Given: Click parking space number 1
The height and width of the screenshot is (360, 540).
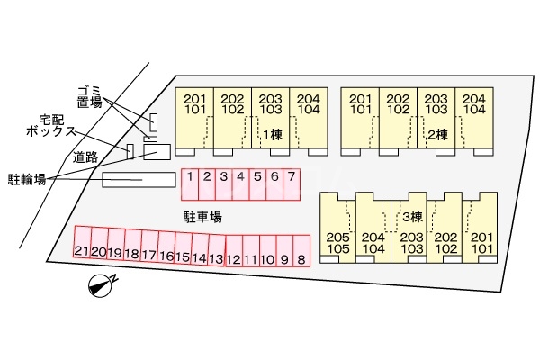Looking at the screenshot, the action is (x=190, y=184).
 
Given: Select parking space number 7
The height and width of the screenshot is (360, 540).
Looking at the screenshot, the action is (x=292, y=184).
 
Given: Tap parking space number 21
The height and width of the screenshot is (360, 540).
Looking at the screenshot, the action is (x=82, y=242).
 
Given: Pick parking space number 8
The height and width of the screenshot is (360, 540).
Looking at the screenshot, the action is (x=301, y=251).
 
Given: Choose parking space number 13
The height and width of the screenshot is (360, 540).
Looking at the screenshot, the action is (x=217, y=249).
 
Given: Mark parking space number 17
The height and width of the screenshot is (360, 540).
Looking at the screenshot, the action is (x=149, y=246).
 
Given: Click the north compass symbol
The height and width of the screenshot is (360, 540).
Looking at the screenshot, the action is (x=102, y=285).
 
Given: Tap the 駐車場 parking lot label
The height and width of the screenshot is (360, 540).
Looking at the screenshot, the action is (x=202, y=218).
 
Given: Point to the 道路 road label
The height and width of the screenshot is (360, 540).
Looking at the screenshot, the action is (x=85, y=157).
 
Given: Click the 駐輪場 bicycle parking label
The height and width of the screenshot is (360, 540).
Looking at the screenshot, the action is (x=27, y=179).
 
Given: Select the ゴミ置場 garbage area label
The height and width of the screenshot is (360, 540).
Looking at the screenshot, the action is (x=89, y=97).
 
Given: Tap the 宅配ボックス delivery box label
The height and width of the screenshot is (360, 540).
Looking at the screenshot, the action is (x=51, y=126).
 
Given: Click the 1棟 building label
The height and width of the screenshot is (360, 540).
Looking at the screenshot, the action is (x=273, y=135).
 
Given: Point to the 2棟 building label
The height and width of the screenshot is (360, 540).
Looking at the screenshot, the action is (x=438, y=135).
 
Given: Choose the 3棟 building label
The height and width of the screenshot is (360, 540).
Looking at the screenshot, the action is (x=412, y=217).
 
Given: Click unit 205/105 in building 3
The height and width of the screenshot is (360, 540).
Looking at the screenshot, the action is (x=337, y=228).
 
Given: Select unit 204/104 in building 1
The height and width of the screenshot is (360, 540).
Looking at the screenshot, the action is (x=309, y=121).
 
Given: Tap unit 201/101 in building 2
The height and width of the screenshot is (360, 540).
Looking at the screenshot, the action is (x=360, y=121).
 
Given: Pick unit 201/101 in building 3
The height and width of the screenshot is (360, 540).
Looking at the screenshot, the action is (x=480, y=228).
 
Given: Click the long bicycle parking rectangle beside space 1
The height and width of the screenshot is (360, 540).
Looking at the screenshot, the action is (x=139, y=180).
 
